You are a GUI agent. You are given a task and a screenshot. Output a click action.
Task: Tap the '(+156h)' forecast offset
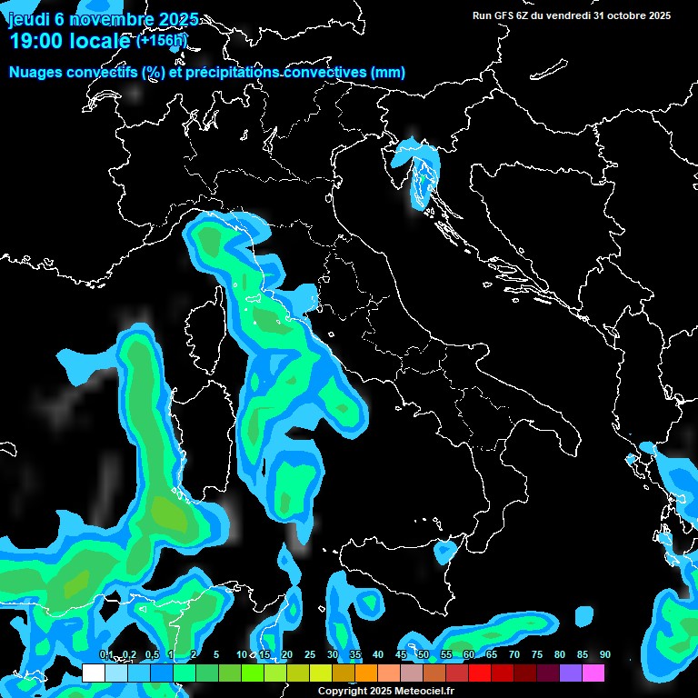[x=161, y=41]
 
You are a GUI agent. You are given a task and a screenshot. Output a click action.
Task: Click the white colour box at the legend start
[x=94, y=673]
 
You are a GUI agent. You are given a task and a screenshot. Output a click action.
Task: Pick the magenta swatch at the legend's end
[x=593, y=673]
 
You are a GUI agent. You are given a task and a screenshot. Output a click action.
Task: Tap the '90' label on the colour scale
[x=605, y=655]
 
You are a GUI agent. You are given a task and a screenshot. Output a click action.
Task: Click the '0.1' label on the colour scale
[x=105, y=655]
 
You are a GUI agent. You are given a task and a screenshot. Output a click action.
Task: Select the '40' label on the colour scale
[x=378, y=655]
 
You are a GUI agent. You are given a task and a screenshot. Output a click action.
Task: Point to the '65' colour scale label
[x=492, y=655]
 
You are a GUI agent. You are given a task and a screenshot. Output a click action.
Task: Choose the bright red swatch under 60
[x=480, y=673]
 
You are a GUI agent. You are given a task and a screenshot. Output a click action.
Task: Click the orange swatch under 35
[x=366, y=673]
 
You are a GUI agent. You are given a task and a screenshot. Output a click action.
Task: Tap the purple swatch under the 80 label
[x=571, y=673]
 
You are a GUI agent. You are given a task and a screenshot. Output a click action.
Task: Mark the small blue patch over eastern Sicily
[x=445, y=550]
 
